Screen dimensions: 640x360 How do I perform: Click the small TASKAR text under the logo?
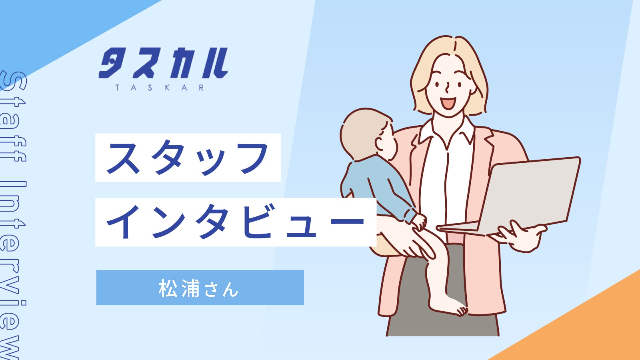[160, 88]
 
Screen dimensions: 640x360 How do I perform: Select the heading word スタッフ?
[188, 158]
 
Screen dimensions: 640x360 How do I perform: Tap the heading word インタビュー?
[235, 222]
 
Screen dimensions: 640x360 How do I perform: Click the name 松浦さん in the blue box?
[199, 288]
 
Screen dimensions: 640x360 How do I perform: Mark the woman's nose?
[447, 87]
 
